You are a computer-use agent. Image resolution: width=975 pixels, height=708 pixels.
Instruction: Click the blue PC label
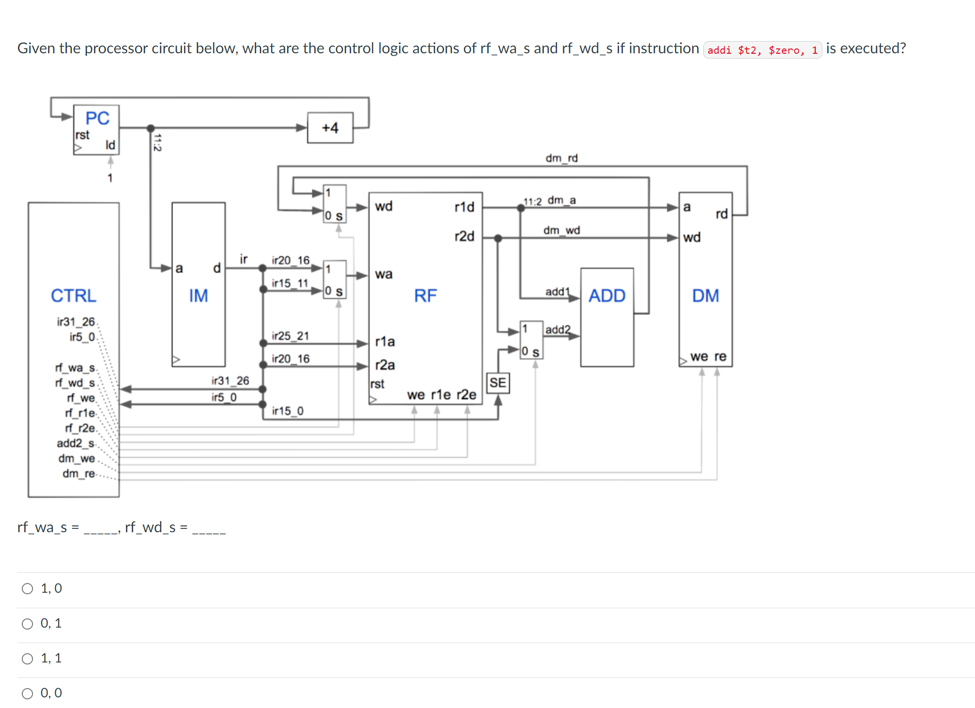(97, 118)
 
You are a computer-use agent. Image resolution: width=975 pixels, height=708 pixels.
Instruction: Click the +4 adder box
(330, 128)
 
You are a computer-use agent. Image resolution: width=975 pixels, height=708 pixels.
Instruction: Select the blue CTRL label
(74, 295)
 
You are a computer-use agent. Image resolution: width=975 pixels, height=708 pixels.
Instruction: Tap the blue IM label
(198, 295)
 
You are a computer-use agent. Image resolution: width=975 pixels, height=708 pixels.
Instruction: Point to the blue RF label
(425, 295)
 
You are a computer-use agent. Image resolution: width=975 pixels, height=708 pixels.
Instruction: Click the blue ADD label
(607, 295)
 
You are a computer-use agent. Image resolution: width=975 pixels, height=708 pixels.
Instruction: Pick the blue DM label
(705, 295)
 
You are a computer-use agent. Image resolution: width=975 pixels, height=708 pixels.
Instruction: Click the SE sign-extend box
(497, 383)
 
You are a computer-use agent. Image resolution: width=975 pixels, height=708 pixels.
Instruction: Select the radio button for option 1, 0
(28, 588)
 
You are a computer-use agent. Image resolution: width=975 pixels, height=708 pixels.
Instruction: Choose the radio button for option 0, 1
(28, 623)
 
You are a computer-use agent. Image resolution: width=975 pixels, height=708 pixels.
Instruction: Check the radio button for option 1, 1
(28, 658)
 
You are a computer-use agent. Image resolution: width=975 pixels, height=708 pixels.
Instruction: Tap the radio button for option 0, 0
(28, 693)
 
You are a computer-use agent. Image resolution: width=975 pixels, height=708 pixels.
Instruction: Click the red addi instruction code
(762, 50)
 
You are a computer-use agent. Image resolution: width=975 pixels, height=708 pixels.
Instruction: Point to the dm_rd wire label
(561, 158)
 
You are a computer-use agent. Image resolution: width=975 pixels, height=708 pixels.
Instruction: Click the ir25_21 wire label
(290, 336)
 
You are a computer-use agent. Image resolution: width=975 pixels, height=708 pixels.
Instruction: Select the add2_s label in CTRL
(76, 443)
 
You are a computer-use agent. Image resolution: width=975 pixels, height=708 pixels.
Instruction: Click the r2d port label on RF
(464, 236)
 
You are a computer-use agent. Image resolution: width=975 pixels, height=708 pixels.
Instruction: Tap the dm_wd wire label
(561, 230)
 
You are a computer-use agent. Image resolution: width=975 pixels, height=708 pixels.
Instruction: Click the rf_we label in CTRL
(81, 398)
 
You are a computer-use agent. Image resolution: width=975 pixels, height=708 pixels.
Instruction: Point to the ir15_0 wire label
(288, 411)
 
